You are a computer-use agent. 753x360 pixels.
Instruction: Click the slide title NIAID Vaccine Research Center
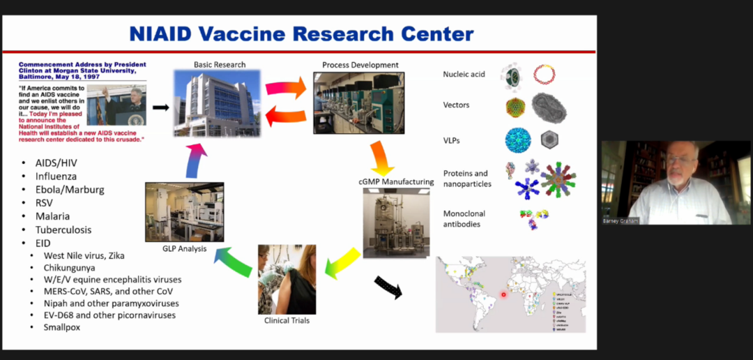point(301,33)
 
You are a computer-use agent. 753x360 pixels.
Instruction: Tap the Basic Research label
point(220,65)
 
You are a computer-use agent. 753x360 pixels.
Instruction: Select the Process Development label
point(360,65)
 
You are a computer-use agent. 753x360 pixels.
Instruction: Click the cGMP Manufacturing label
point(396,182)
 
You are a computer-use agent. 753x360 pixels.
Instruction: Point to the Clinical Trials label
point(287,321)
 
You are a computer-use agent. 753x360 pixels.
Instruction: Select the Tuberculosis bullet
point(63,230)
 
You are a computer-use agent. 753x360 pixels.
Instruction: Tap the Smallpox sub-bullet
point(62,327)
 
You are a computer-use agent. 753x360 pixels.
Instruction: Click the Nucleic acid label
point(464,74)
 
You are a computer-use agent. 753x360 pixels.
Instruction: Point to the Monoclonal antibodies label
point(464,218)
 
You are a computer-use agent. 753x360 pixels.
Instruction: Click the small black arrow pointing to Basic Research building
point(160,107)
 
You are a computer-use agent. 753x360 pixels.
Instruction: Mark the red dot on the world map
point(503,294)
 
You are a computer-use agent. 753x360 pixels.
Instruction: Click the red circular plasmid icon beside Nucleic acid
point(544,74)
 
